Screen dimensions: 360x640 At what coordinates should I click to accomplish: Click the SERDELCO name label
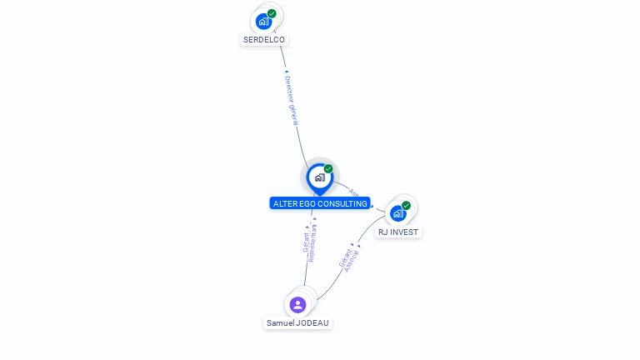tap(263, 39)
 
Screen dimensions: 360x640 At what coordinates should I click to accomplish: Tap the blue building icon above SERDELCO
tap(264, 22)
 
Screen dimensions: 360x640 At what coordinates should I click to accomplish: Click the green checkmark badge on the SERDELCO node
tap(272, 13)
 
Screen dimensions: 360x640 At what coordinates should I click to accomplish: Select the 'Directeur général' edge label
tap(291, 100)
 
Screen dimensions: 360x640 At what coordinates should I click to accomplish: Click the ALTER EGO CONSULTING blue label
tap(320, 203)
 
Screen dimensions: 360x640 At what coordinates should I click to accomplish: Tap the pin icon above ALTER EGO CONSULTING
tap(319, 177)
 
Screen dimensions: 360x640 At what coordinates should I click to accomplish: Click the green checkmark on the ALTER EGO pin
tap(328, 168)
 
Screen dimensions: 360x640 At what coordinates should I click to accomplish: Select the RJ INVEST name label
tap(398, 232)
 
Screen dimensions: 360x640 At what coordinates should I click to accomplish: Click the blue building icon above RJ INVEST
tap(398, 213)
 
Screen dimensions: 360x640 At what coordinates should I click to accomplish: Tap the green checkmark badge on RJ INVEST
tap(406, 205)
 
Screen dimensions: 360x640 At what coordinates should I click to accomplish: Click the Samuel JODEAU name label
tap(297, 322)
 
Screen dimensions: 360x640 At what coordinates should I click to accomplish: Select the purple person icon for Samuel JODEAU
tap(297, 304)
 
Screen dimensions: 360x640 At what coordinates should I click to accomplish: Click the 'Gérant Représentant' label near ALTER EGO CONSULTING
tap(309, 242)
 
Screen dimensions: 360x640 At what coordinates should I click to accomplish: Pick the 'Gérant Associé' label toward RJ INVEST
tap(349, 259)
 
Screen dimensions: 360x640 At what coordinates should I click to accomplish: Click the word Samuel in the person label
tap(279, 322)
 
